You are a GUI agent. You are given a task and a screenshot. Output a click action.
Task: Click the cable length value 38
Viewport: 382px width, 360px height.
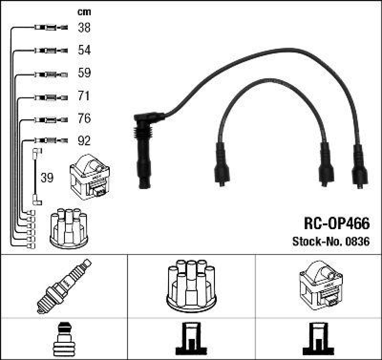(x=84, y=28)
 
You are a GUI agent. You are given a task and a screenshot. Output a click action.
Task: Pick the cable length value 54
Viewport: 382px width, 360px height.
(x=84, y=50)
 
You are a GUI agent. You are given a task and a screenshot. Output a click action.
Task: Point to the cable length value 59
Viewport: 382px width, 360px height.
(x=84, y=74)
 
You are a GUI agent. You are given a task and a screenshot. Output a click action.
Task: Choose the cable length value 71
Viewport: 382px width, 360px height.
(x=84, y=96)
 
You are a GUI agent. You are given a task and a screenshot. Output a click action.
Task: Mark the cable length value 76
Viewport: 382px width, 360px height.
(x=84, y=118)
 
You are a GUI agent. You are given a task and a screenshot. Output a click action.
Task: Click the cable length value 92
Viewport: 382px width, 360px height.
(x=84, y=141)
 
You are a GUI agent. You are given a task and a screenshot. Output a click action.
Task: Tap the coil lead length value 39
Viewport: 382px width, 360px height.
(x=47, y=178)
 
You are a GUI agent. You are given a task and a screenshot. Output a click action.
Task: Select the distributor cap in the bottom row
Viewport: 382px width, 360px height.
(x=191, y=285)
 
